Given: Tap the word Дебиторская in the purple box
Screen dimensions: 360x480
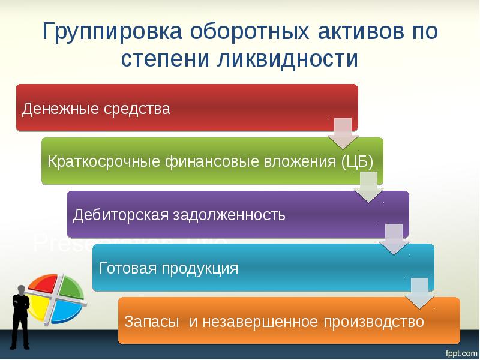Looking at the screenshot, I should [x=114, y=215].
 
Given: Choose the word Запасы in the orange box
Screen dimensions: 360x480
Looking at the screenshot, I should [x=152, y=321].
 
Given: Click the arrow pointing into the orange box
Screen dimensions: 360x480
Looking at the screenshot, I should [x=419, y=293].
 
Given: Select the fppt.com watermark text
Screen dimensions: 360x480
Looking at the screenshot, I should [x=459, y=350].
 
